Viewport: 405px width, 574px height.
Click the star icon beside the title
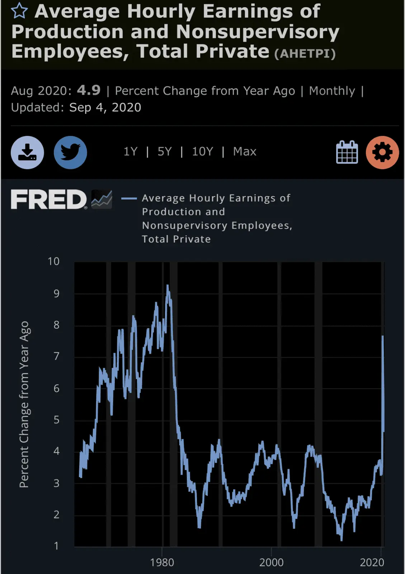[x=19, y=11]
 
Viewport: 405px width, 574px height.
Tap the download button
[x=28, y=152]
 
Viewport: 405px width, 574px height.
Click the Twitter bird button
[x=70, y=152]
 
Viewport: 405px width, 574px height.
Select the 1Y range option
[x=130, y=152]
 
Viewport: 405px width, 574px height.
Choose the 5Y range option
[x=165, y=152]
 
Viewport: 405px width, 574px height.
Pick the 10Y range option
[x=202, y=152]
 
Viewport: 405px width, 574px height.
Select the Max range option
[x=245, y=152]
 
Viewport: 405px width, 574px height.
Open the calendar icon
[x=347, y=152]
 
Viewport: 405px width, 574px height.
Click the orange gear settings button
[x=382, y=152]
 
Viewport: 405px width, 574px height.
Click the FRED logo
[x=49, y=199]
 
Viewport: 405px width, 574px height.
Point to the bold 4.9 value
[x=89, y=90]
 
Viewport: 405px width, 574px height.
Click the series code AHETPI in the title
[x=305, y=54]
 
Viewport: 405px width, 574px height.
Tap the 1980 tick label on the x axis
[x=162, y=563]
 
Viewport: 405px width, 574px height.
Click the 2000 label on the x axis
[x=271, y=563]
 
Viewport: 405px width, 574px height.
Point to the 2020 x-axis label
[x=372, y=563]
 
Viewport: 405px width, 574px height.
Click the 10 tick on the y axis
[x=53, y=261]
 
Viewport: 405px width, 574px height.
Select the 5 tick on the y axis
[x=56, y=420]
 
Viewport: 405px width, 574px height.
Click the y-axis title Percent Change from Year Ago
[x=24, y=404]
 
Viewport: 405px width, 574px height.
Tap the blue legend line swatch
[x=129, y=198]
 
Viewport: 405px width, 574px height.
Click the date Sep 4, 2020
[x=105, y=108]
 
